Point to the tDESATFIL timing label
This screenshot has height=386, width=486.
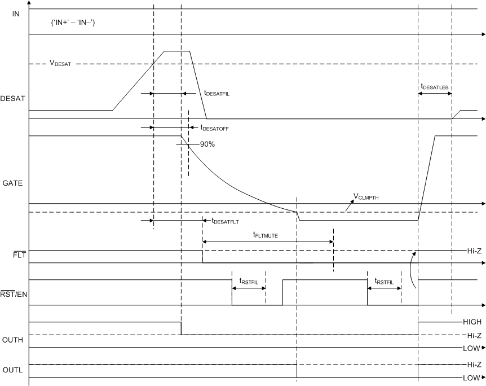click(x=217, y=94)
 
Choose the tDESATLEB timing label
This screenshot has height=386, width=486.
click(x=434, y=87)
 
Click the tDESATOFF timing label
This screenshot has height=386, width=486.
click(x=214, y=129)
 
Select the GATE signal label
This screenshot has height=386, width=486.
click(x=12, y=183)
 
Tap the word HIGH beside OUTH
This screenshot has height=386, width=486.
click(x=471, y=322)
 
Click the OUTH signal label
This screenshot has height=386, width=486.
click(x=13, y=340)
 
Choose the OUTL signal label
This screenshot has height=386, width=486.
click(x=12, y=371)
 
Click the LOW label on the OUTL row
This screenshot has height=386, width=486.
click(x=469, y=378)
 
